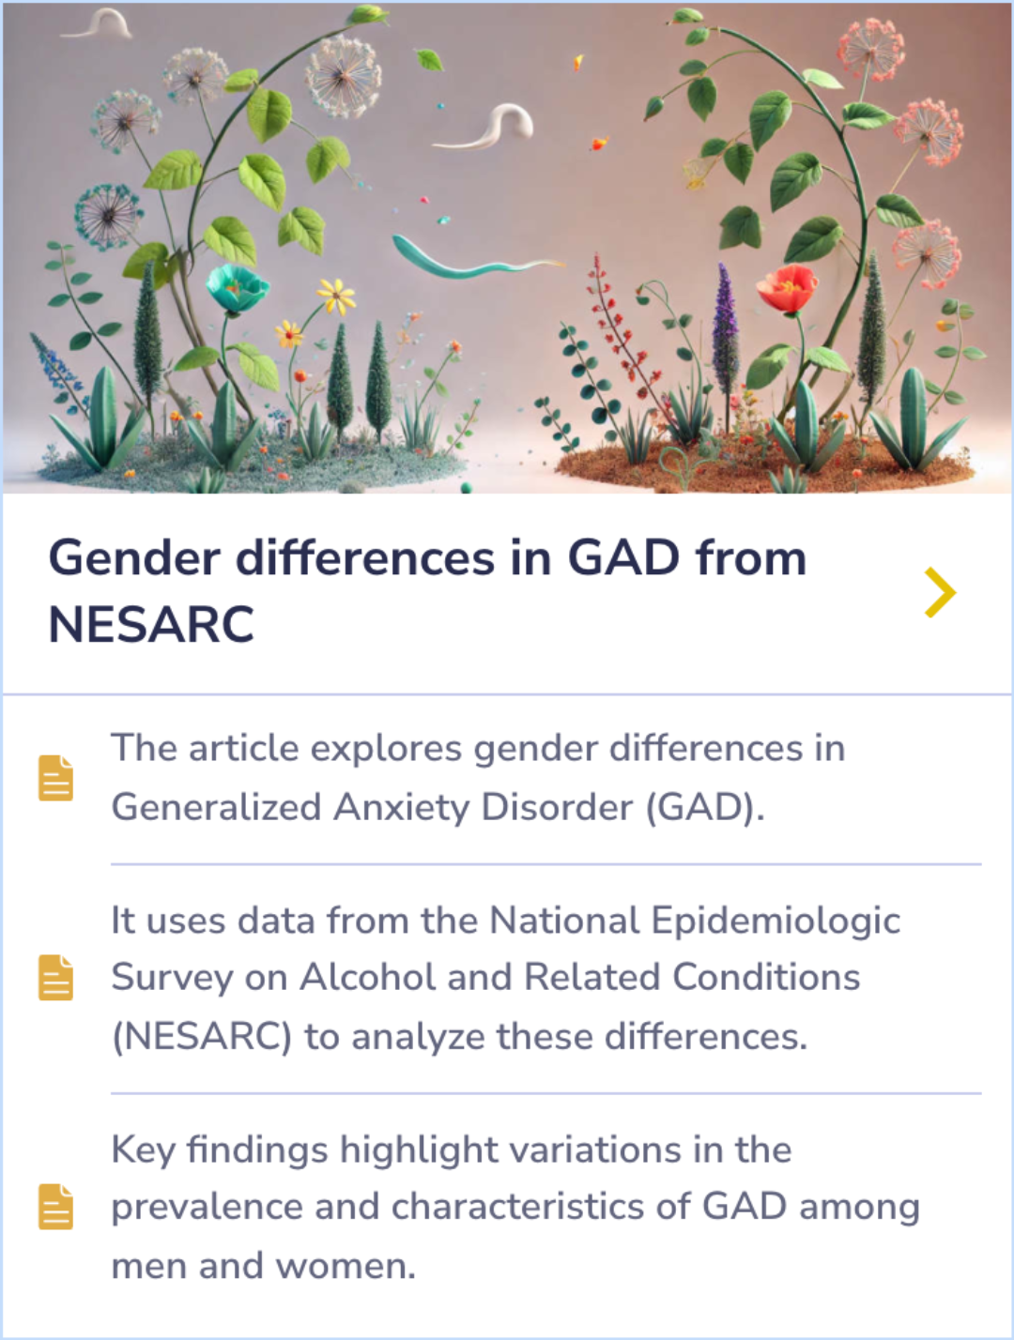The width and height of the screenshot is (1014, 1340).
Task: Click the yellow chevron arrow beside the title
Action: point(940,592)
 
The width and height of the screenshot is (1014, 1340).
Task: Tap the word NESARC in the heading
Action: point(151,624)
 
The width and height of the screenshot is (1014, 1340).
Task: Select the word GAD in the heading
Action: point(623,557)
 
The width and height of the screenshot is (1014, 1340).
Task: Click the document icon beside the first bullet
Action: point(55,778)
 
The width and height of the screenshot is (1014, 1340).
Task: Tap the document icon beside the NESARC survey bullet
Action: point(55,978)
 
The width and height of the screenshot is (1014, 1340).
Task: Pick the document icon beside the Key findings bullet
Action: point(55,1207)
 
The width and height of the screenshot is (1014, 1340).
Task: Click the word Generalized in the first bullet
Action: point(216,807)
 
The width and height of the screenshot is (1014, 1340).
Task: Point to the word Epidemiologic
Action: point(776,921)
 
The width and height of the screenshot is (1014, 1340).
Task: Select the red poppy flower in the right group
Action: point(787,288)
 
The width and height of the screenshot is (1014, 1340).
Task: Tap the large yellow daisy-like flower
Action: point(335,296)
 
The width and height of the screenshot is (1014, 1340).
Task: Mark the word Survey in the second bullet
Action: point(172,978)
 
